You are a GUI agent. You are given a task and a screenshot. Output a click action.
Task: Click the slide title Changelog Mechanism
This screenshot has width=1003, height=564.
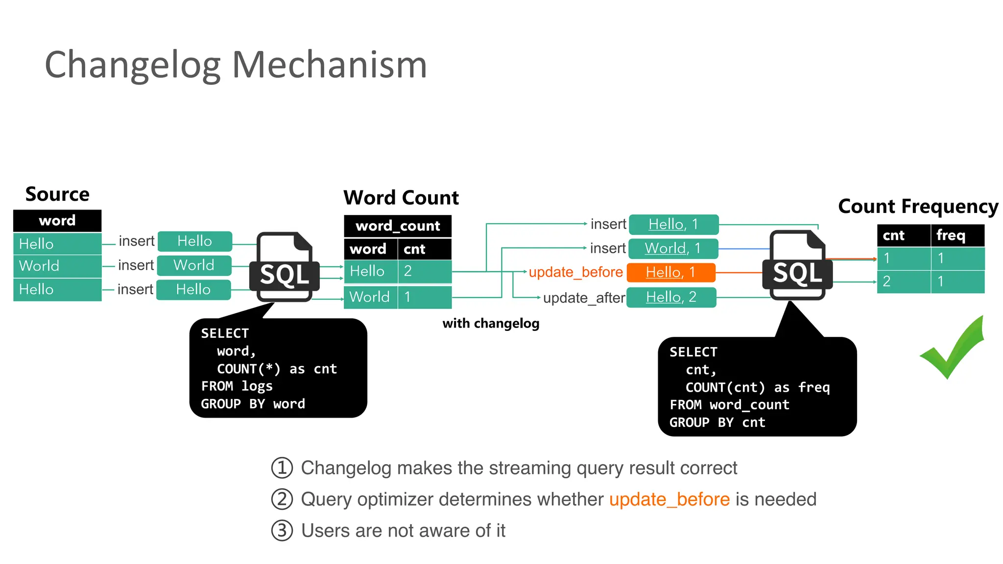pyautogui.click(x=236, y=65)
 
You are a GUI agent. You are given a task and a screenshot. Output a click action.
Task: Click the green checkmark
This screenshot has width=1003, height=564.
pyautogui.click(x=953, y=349)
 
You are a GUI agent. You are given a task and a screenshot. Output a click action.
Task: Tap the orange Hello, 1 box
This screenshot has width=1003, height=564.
pyautogui.click(x=670, y=272)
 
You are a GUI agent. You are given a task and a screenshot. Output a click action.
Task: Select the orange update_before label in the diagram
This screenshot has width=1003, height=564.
pyautogui.click(x=575, y=272)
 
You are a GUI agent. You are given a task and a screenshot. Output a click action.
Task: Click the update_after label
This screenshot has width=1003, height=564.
pyautogui.click(x=584, y=298)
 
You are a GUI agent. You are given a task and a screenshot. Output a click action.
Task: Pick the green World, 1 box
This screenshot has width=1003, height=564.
pyautogui.click(x=673, y=248)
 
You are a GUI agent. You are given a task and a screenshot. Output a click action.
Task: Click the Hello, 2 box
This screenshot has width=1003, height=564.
pyautogui.click(x=671, y=297)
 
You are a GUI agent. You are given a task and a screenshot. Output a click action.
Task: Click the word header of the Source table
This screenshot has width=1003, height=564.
pyautogui.click(x=57, y=221)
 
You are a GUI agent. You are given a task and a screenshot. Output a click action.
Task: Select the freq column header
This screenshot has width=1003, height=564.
pyautogui.click(x=951, y=235)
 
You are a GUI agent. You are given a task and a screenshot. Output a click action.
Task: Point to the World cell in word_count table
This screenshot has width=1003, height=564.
pyautogui.click(x=370, y=297)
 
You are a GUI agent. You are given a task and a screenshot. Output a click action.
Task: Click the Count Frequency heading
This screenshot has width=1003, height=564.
pyautogui.click(x=918, y=206)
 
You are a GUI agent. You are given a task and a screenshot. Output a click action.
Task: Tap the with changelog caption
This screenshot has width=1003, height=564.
pyautogui.click(x=491, y=323)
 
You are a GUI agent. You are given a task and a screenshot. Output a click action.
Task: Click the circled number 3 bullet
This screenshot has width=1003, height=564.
pyautogui.click(x=282, y=531)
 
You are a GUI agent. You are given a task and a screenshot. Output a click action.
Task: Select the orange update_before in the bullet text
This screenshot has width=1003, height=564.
pyautogui.click(x=669, y=499)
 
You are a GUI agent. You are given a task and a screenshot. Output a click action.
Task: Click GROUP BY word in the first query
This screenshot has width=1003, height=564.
pyautogui.click(x=253, y=404)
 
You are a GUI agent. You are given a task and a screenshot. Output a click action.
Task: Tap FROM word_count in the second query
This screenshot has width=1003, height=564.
pyautogui.click(x=729, y=405)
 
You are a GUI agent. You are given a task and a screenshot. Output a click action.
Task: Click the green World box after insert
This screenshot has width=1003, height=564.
pyautogui.click(x=194, y=265)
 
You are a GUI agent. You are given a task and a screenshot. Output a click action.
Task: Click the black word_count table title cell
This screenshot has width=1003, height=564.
pyautogui.click(x=398, y=226)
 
